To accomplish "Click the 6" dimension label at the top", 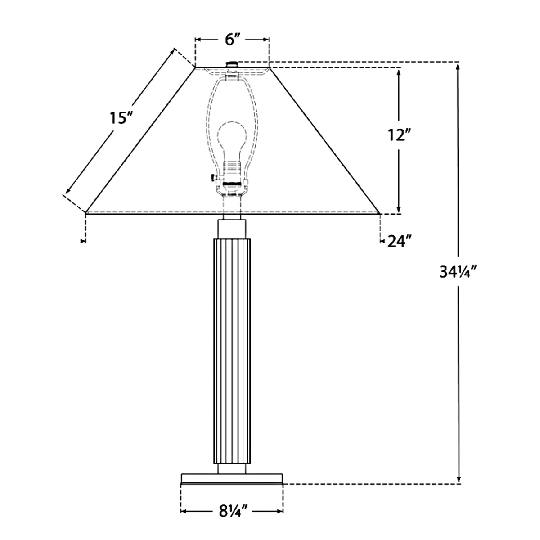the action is pyautogui.click(x=233, y=40).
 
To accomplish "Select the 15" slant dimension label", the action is pyautogui.click(x=121, y=118).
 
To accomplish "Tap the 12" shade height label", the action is pyautogui.click(x=399, y=135).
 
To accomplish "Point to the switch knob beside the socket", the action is pyautogui.click(x=213, y=177).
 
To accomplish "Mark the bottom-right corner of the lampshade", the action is pyautogui.click(x=380, y=214).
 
